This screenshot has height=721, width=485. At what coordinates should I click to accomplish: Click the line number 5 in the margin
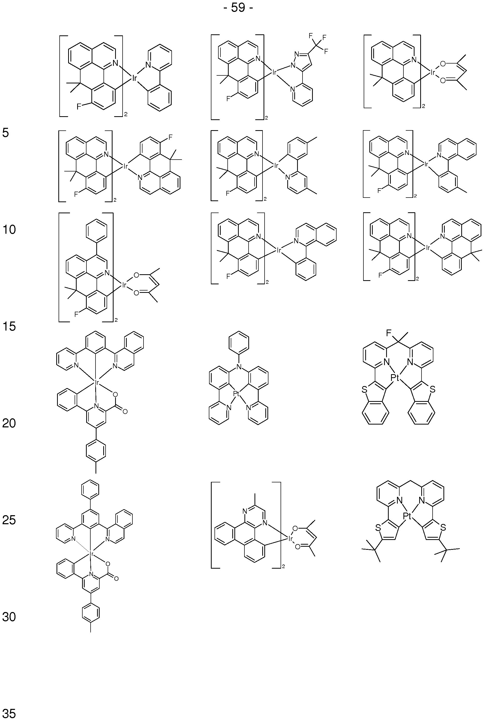pos(6,133)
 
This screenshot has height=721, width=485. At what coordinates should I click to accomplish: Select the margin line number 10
pos(9,230)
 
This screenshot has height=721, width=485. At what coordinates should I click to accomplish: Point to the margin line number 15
pos(9,326)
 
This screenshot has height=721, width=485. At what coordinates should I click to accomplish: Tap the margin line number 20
pos(9,423)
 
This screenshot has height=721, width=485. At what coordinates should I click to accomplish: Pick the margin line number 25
pos(9,520)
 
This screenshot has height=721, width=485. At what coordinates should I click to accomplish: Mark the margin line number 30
pos(9,617)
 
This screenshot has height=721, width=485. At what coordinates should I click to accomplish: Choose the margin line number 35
pos(9,713)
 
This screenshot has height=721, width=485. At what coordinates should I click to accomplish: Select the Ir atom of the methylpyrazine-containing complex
pos(290,539)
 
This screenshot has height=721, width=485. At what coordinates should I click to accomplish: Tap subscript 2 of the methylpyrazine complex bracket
pos(283,567)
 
